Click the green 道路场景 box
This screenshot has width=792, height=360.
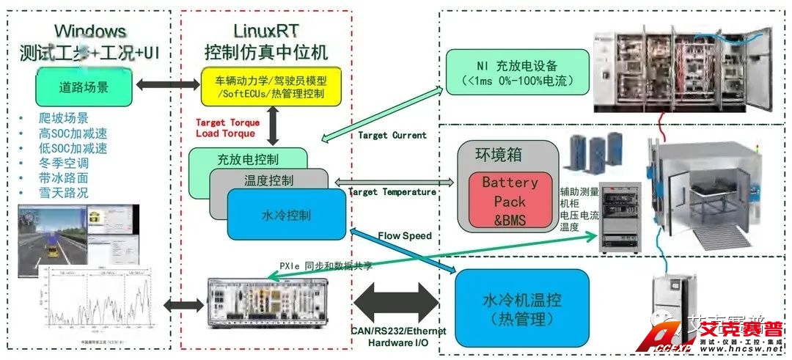coord(84,87)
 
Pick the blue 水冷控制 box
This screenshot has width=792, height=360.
coord(285,215)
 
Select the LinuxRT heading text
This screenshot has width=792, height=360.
coord(266,32)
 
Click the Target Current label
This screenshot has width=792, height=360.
coord(392,135)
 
